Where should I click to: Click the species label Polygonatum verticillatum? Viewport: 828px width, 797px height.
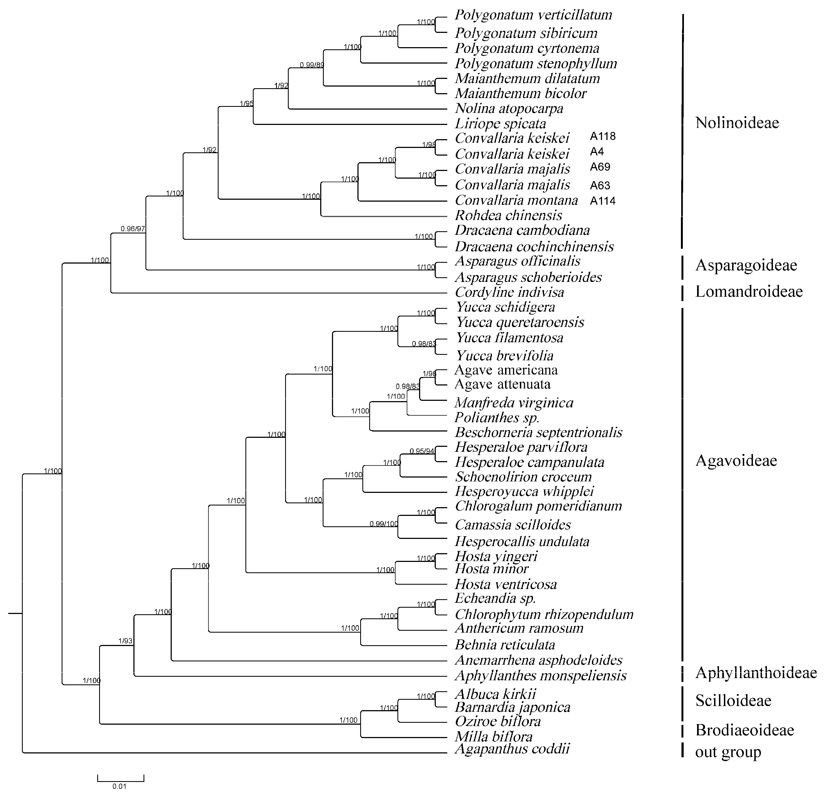pyautogui.click(x=533, y=15)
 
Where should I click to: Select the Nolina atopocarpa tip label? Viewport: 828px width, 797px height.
pyautogui.click(x=509, y=108)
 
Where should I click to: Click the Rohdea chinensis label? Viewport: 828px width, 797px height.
pyautogui.click(x=508, y=216)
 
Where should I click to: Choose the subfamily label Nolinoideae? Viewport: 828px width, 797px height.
pyautogui.click(x=737, y=123)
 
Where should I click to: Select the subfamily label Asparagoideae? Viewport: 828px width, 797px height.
pyautogui.click(x=746, y=265)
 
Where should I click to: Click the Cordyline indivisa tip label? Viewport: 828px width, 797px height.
pyautogui.click(x=509, y=292)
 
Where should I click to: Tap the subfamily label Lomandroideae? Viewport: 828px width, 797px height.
pyautogui.click(x=749, y=292)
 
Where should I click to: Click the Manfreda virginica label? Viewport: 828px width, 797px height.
pyautogui.click(x=514, y=403)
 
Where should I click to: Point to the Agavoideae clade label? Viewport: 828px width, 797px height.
pyautogui.click(x=736, y=461)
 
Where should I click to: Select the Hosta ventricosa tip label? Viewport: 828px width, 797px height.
pyautogui.click(x=506, y=584)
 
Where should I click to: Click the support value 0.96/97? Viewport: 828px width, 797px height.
pyautogui.click(x=133, y=229)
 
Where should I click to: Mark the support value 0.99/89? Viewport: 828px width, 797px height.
pyautogui.click(x=312, y=65)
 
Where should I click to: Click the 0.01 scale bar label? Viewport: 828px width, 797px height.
pyautogui.click(x=119, y=786)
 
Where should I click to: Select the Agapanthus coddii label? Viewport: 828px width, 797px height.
pyautogui.click(x=512, y=749)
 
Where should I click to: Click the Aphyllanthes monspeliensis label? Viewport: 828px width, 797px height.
pyautogui.click(x=540, y=675)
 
